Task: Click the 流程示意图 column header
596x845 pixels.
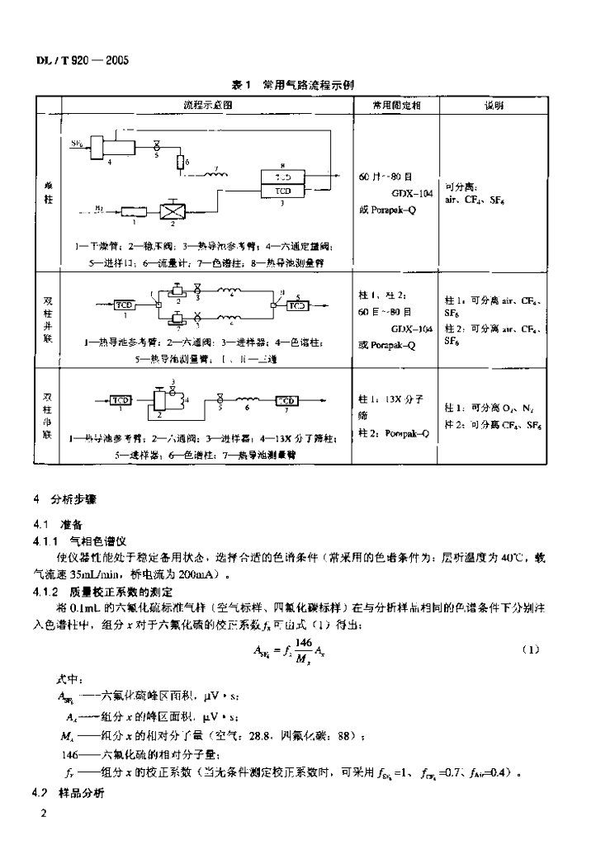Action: point(208,106)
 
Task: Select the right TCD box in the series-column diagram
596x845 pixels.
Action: point(286,400)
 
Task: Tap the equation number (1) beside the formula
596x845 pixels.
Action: point(531,649)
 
